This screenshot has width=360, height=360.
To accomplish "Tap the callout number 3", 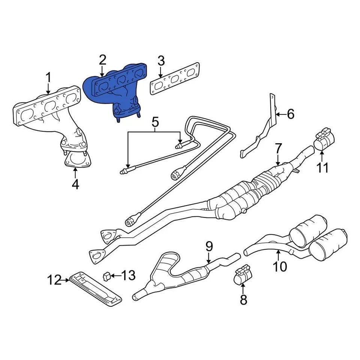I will point(161,61).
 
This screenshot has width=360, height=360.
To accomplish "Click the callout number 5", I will point(155,122).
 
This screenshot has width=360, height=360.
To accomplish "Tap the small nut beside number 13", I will point(106,276).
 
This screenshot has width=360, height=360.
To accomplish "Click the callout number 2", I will point(103,60).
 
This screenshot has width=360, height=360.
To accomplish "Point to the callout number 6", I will point(291,114).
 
